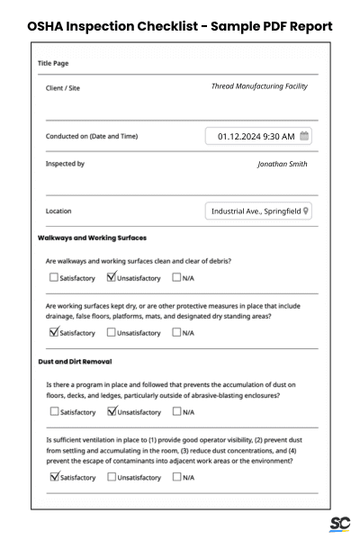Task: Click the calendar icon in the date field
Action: [x=305, y=136]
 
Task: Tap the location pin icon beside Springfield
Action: [x=307, y=211]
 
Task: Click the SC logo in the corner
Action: [x=339, y=524]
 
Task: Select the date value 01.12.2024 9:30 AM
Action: [x=256, y=136]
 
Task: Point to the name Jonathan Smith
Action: [x=282, y=164]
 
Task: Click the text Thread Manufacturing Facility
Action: [x=258, y=86]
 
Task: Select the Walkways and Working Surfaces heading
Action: [x=92, y=238]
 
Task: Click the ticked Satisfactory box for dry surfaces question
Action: [x=54, y=332]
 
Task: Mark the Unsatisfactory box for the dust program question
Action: [x=112, y=411]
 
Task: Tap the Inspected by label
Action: [x=65, y=164]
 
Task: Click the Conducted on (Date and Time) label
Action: [x=92, y=137]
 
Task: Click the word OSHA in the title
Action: [x=50, y=26]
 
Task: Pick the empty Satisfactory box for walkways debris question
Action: [x=54, y=277]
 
